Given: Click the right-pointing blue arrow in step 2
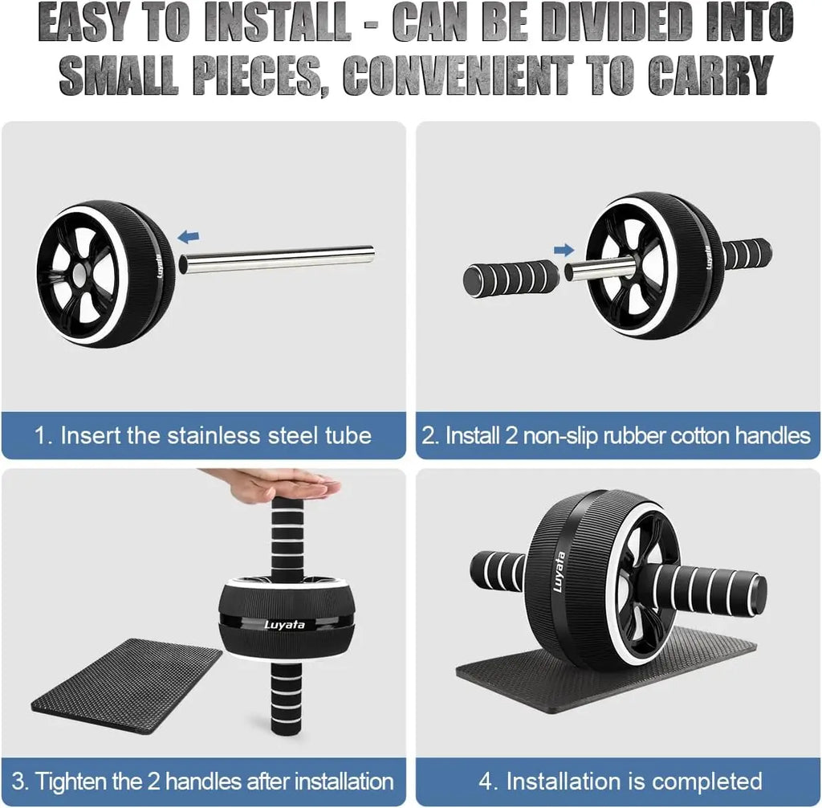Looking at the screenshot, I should tap(565, 249).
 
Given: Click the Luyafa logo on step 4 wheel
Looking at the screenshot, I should tap(559, 571).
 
